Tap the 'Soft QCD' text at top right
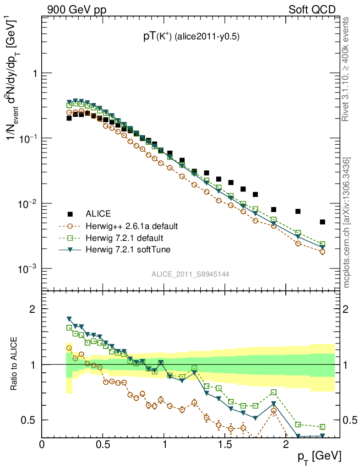312,10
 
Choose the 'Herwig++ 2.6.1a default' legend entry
131,226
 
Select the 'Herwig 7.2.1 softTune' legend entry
127,250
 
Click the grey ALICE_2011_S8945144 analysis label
191,274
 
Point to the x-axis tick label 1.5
225,444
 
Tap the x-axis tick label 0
42,444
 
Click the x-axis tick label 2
286,444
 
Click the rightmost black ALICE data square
322,222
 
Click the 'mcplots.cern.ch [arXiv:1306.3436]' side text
347,223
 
